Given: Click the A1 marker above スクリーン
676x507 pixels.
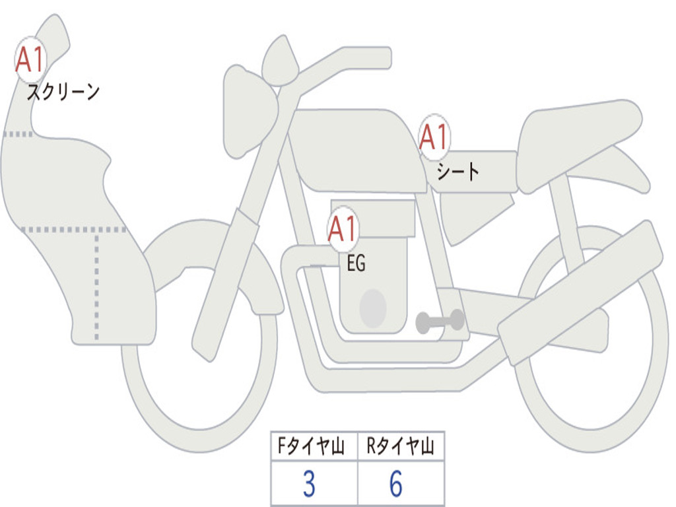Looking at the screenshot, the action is (x=30, y=59).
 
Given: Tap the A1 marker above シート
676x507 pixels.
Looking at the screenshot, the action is (x=434, y=137).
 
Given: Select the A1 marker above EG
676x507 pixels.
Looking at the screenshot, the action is (x=343, y=229).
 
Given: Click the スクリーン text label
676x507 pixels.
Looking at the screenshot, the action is (x=63, y=92).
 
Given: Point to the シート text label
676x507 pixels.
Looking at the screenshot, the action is (x=457, y=172).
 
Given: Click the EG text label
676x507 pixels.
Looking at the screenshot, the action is (x=356, y=263).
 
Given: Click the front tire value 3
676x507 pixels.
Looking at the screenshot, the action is (x=309, y=484).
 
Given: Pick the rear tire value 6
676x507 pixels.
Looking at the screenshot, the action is (x=396, y=484).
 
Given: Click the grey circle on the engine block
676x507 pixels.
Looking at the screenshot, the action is (x=373, y=308).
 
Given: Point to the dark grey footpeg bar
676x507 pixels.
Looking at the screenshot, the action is (x=440, y=321).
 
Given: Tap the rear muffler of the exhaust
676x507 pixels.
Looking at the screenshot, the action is (x=580, y=293).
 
